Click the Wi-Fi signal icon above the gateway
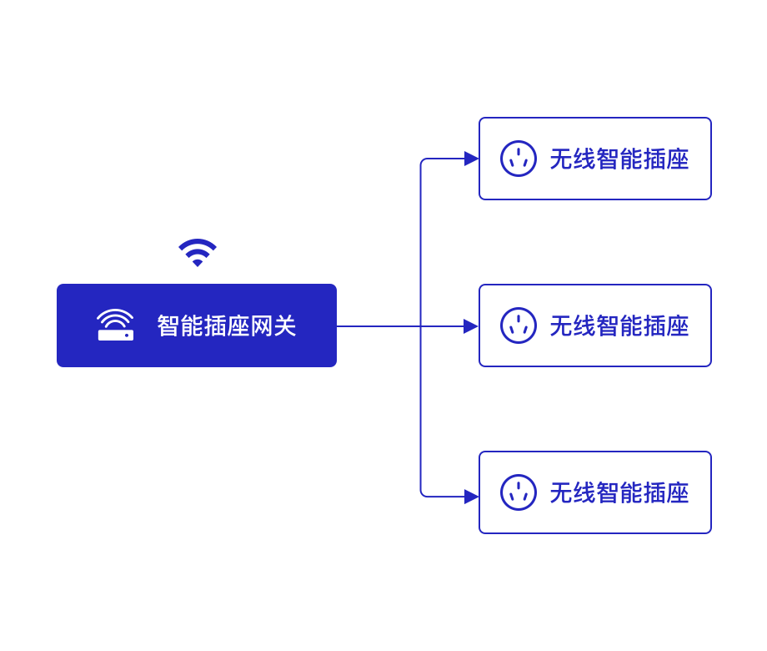(x=198, y=252)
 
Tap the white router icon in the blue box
(x=115, y=325)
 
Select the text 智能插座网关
(x=227, y=325)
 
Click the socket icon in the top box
(x=518, y=159)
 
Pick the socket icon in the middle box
(x=518, y=325)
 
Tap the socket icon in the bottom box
(x=518, y=492)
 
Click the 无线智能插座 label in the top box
(x=619, y=159)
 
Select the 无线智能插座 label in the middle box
(x=619, y=325)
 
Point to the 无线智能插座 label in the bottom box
(x=619, y=492)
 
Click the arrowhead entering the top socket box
(x=471, y=159)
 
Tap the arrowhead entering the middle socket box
(x=471, y=325)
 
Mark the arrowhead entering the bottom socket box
(x=471, y=497)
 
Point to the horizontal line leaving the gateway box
(x=375, y=325)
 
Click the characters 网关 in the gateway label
(x=273, y=325)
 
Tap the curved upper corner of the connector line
(x=423, y=161)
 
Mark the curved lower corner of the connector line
(x=423, y=494)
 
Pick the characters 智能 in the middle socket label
(x=619, y=325)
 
